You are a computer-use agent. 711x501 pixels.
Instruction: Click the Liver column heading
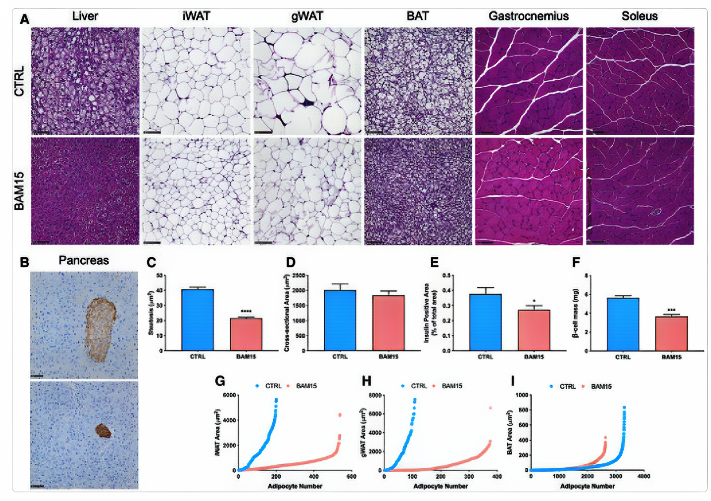pos(85,16)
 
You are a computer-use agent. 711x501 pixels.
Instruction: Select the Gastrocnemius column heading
pos(528,16)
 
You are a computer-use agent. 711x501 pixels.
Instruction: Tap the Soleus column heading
pos(639,16)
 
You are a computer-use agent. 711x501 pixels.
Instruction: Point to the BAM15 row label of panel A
pos(19,191)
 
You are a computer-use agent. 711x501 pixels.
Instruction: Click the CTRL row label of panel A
pos(19,81)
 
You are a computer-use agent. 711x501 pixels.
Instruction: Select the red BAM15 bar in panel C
pos(246,334)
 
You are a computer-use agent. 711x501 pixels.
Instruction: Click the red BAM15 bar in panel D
pos(388,323)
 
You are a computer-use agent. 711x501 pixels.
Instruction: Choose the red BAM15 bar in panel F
pos(671,333)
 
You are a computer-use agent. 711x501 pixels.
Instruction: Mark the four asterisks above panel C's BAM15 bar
pos(246,312)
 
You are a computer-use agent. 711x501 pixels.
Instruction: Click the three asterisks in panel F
pos(671,310)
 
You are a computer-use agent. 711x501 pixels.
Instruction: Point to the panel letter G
pos(220,381)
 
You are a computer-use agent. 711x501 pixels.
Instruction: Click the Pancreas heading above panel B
pos(84,261)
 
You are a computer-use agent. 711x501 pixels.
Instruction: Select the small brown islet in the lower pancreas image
pos(103,431)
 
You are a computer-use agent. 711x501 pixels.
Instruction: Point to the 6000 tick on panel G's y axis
pos(229,395)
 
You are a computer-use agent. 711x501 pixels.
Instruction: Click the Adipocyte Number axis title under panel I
pos(587,486)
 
